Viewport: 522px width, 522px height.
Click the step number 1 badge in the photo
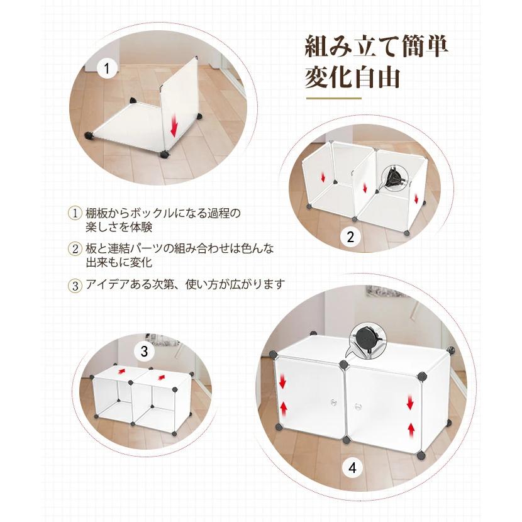106,69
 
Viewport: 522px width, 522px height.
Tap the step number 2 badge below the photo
350,236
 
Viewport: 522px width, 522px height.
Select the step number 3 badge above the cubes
144,351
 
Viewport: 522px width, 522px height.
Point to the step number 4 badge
352,467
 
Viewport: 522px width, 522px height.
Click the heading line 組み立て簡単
377,47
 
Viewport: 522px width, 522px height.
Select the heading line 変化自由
352,77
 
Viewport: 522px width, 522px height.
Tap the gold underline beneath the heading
334,98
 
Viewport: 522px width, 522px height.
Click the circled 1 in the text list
75,213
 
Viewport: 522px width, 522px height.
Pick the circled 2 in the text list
75,248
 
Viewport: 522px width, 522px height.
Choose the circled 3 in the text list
75,286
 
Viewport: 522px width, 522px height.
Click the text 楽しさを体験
119,226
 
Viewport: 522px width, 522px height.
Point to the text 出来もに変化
119,262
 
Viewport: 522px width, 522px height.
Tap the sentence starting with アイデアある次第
185,284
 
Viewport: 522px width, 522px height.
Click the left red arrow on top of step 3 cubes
121,370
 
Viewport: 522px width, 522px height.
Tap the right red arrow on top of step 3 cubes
162,377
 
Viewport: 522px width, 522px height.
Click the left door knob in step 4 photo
333,402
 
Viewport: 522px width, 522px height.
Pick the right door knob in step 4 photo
358,406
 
